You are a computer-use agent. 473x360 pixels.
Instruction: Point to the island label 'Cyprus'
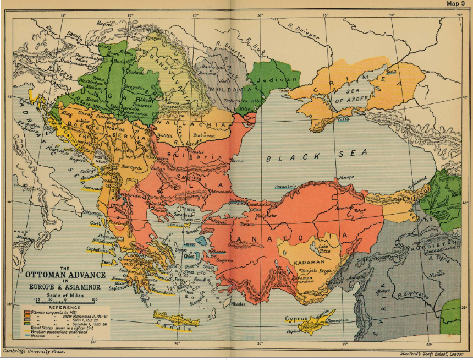(x=298, y=319)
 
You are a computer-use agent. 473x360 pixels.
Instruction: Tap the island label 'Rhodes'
(x=238, y=303)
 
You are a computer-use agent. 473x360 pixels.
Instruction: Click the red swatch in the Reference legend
(x=25, y=313)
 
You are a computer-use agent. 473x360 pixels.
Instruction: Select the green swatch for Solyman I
(x=25, y=326)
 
